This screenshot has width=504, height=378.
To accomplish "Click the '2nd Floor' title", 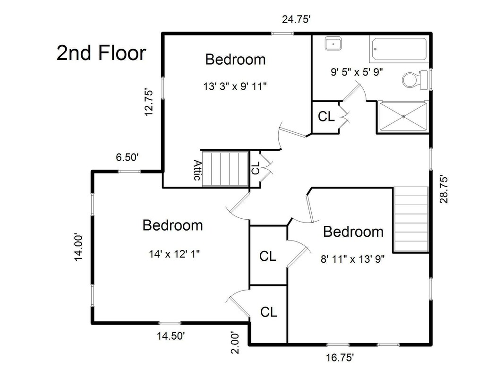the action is pyautogui.click(x=101, y=53).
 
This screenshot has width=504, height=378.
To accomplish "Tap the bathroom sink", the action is pyautogui.click(x=333, y=43).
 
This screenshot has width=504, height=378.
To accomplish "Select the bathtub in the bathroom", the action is pyautogui.click(x=399, y=49).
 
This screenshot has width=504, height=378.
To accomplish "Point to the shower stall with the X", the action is pyautogui.click(x=403, y=116).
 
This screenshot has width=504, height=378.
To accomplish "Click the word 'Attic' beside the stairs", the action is pyautogui.click(x=197, y=170).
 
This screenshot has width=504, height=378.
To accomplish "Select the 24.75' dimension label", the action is pyautogui.click(x=296, y=19).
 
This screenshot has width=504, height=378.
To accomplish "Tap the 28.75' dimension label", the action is pyautogui.click(x=444, y=189).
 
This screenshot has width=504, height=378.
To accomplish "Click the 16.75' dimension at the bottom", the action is pyautogui.click(x=340, y=357).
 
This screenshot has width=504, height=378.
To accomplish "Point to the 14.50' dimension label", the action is pyautogui.click(x=171, y=336).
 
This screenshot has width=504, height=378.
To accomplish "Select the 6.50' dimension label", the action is pyautogui.click(x=127, y=157).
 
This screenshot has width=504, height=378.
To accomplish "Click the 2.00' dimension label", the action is pyautogui.click(x=235, y=343).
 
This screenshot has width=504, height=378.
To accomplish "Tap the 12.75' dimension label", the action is pyautogui.click(x=148, y=102).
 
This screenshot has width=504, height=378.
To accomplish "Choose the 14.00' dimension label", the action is pyautogui.click(x=79, y=247).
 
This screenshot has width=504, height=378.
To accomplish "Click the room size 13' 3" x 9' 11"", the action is pyautogui.click(x=235, y=86).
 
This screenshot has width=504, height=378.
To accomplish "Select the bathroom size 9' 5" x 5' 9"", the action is pyautogui.click(x=357, y=72).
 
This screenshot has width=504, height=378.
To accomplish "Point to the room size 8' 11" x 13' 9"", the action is pyautogui.click(x=352, y=259).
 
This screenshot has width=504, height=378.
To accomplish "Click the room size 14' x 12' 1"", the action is pyautogui.click(x=175, y=254).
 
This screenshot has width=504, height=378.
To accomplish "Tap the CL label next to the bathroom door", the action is pyautogui.click(x=326, y=116).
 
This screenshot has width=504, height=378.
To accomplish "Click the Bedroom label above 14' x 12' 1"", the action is pyautogui.click(x=172, y=225).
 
